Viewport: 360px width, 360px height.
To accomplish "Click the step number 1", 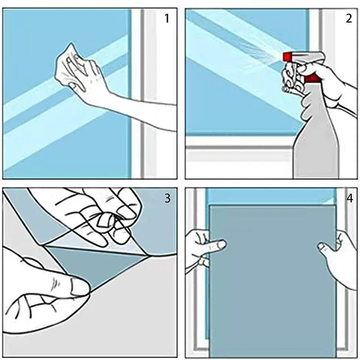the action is (x=167, y=18).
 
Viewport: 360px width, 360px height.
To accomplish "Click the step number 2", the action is (x=348, y=18).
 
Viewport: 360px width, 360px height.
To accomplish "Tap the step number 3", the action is (x=167, y=198).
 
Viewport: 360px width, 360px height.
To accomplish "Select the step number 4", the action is (x=350, y=198).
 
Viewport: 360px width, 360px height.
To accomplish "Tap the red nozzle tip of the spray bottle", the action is (x=287, y=57).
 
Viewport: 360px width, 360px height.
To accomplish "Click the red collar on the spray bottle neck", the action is (x=312, y=78).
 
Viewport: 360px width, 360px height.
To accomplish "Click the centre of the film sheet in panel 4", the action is (x=273, y=281).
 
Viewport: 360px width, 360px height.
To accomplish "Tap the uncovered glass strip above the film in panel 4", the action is (x=271, y=197).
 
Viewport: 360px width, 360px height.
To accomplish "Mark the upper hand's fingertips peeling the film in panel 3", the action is (x=115, y=220).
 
